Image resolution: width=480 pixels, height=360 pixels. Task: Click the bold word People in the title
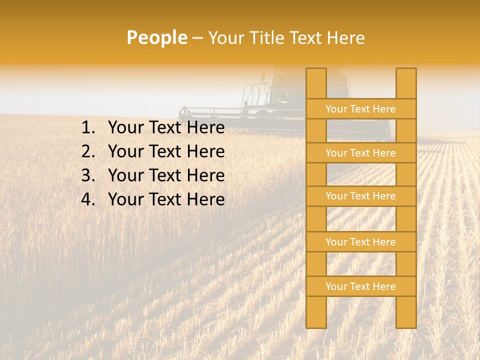point(156,38)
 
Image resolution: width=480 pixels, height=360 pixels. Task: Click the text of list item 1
point(166,128)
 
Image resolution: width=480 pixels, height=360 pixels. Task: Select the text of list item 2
point(166,151)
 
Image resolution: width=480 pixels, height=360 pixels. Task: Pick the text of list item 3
point(166,175)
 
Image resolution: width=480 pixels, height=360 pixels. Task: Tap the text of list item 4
point(166,199)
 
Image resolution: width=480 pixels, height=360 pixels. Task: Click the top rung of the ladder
point(360,109)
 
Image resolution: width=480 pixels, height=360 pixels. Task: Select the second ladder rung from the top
point(360,153)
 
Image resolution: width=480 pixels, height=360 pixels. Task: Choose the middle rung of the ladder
point(360,196)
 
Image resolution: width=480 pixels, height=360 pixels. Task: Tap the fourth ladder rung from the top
point(360,242)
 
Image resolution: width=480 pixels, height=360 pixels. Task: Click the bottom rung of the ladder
point(360,286)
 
